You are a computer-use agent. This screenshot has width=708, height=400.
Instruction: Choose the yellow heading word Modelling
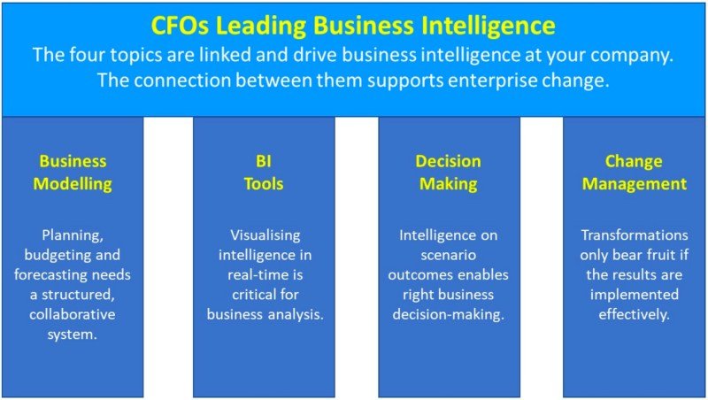(73, 184)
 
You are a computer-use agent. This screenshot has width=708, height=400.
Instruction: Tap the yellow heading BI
(265, 161)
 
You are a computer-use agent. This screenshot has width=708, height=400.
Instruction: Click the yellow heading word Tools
(265, 184)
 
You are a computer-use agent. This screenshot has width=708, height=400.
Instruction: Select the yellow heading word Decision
(449, 161)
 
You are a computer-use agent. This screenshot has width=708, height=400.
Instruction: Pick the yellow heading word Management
(634, 184)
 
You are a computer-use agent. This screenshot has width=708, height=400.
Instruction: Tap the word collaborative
(73, 313)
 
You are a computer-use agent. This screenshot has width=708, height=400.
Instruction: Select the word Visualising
(265, 235)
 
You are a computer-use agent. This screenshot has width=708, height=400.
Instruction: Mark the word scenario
(449, 255)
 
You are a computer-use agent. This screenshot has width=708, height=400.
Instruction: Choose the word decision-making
(449, 313)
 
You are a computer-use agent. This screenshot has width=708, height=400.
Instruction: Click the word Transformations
(634, 235)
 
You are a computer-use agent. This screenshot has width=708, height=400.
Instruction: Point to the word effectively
(634, 313)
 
